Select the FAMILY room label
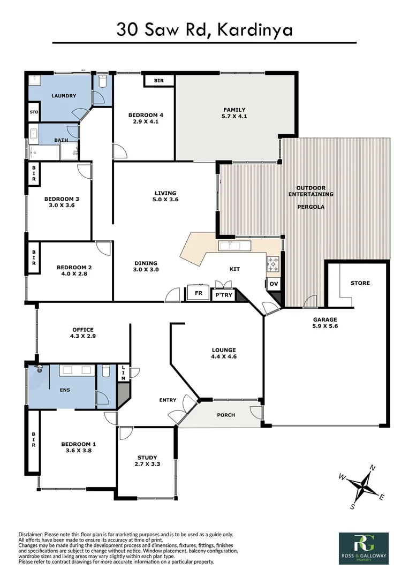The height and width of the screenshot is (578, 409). pos(234,110)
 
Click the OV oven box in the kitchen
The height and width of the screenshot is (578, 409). pos(273,284)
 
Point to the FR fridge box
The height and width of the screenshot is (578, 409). pos(198,294)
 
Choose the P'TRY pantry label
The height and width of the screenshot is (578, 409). pos(223,294)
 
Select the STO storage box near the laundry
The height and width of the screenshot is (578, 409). pos(34,112)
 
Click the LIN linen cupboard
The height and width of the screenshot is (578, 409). pos(123,372)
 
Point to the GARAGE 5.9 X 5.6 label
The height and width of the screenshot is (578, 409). pos(325,323)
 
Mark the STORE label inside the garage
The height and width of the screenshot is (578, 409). pos(360,283)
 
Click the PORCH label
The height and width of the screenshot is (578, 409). pos(225,415)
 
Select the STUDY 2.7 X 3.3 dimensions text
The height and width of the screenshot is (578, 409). pos(147,465)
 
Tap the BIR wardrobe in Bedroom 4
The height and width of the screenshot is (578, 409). pos(158,81)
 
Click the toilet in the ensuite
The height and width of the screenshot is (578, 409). pos(105,370)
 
